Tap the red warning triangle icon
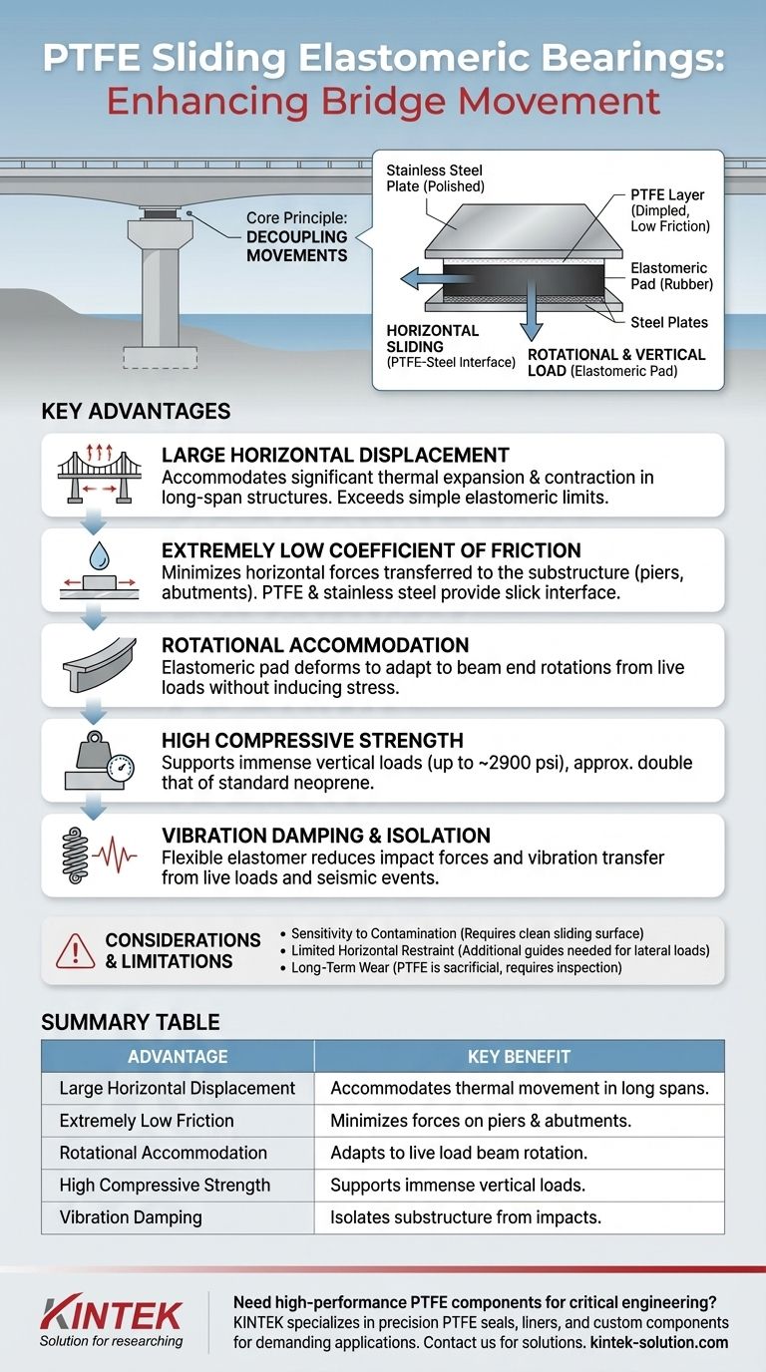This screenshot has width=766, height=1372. pyautogui.click(x=76, y=951)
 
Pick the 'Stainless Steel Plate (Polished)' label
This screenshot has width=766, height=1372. pyautogui.click(x=435, y=178)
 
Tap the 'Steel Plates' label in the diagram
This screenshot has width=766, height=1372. pyautogui.click(x=668, y=322)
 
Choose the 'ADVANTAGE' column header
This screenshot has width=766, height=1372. pyautogui.click(x=178, y=1056)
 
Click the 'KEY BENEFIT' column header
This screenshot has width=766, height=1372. pyautogui.click(x=519, y=1056)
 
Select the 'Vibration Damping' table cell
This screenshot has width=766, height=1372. pyautogui.click(x=130, y=1216)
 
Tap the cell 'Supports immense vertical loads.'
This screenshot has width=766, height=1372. pyautogui.click(x=457, y=1185)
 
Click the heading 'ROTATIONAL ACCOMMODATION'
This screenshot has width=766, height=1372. pyautogui.click(x=315, y=645)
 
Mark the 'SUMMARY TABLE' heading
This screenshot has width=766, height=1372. pyautogui.click(x=131, y=1022)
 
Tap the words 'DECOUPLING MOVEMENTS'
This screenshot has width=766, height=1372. pyautogui.click(x=298, y=246)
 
